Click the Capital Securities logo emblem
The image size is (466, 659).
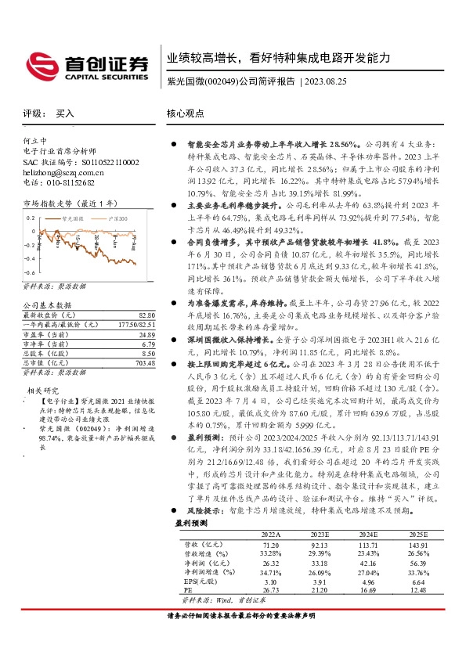38,63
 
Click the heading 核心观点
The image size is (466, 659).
186,113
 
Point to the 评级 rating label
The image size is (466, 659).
32,113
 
